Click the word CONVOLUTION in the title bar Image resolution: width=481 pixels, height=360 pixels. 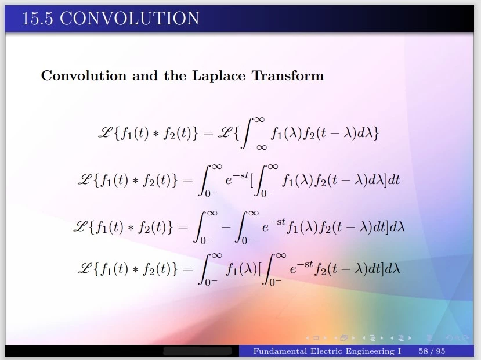pos(129,18)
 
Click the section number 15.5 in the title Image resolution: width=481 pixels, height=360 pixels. pos(37,18)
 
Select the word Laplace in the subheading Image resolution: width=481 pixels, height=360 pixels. pos(219,76)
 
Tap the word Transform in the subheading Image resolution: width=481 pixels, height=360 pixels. pos(288,75)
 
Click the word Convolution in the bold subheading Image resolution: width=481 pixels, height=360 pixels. pos(84,75)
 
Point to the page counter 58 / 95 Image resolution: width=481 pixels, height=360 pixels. pos(432,351)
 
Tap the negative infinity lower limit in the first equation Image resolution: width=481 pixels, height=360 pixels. pos(258,147)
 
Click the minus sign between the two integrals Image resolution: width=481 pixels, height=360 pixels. pos(226,228)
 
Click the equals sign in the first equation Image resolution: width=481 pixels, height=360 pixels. pos(208,134)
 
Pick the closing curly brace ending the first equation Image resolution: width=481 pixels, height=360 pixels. pos(376,133)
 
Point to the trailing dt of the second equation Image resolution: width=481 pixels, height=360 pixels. pos(394,180)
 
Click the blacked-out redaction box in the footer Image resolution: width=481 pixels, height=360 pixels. pos(197,351)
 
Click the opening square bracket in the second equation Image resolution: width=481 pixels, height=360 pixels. pos(252,180)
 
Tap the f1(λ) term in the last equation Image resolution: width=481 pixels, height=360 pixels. pos(241,269)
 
